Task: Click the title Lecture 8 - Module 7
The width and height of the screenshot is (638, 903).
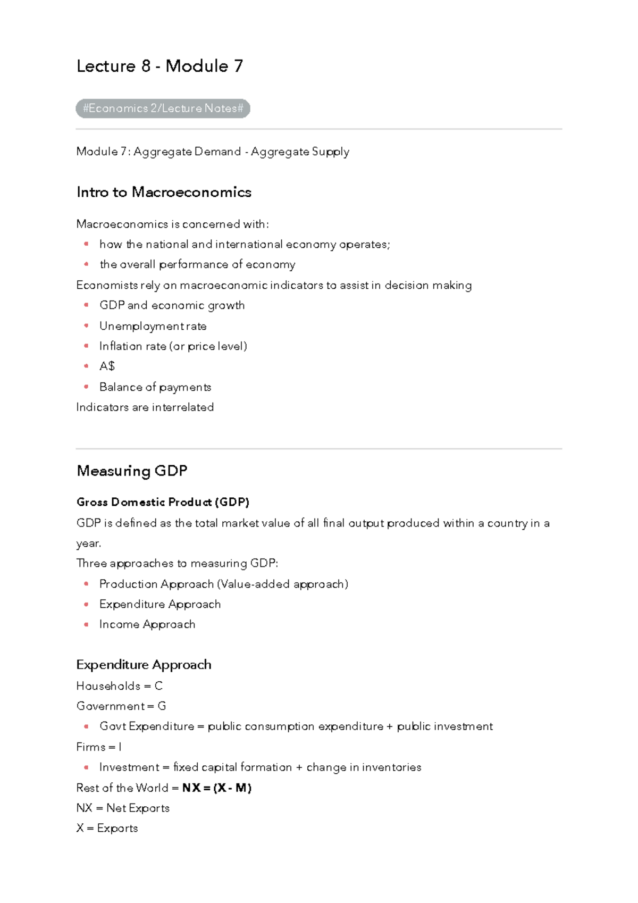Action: tap(159, 66)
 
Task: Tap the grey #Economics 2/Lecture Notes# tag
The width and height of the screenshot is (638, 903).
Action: tap(163, 108)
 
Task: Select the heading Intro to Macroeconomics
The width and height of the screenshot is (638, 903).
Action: tap(164, 192)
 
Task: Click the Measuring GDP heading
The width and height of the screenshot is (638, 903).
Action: tap(132, 471)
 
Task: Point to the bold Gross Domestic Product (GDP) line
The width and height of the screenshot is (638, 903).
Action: tap(163, 502)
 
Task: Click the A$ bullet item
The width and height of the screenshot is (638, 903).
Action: tap(107, 366)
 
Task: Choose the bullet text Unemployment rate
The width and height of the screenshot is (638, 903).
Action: tap(153, 326)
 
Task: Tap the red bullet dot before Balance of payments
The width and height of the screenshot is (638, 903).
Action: tap(86, 387)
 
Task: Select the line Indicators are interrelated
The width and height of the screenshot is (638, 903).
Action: tap(145, 407)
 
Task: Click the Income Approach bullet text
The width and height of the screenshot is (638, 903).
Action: tap(147, 624)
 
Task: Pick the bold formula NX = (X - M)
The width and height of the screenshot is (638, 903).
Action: tap(216, 788)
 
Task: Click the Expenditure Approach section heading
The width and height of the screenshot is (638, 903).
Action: tap(144, 665)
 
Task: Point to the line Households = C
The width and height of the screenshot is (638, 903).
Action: tap(119, 686)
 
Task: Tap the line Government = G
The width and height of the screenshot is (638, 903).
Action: tap(121, 706)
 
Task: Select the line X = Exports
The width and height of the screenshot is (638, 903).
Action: tap(107, 828)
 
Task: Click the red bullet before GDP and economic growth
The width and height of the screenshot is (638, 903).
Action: tap(86, 305)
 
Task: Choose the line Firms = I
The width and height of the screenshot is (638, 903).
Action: tap(99, 747)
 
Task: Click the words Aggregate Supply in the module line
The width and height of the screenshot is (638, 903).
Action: tap(300, 152)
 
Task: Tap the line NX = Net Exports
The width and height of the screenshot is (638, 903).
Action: tap(123, 808)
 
